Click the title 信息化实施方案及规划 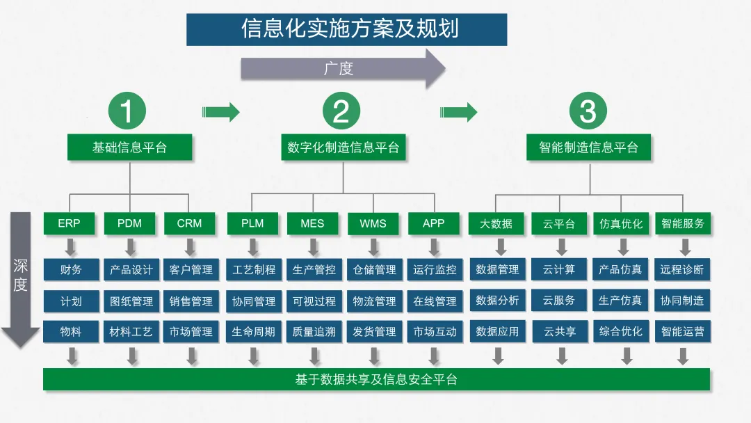(346, 29)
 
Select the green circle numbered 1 (127, 111)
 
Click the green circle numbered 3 (588, 111)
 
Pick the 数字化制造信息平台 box (344, 147)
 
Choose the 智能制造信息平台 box (588, 147)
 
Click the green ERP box (70, 223)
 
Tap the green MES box (313, 223)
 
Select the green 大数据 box (496, 223)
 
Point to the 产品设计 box (131, 269)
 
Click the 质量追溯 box (314, 332)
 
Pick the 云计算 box (559, 269)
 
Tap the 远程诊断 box (682, 269)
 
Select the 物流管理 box (374, 301)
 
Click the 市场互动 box (435, 332)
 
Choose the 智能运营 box (682, 332)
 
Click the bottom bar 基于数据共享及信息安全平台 (376, 379)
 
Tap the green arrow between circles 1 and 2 (220, 111)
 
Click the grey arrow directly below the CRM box (189, 247)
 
